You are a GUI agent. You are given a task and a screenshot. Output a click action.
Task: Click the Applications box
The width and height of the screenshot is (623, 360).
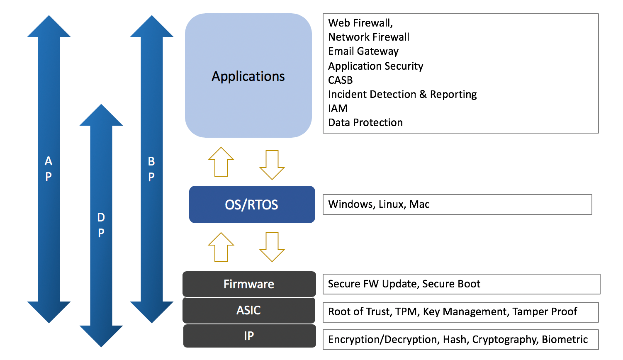[x=248, y=76]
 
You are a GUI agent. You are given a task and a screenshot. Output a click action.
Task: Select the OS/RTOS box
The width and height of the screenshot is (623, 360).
[x=252, y=204]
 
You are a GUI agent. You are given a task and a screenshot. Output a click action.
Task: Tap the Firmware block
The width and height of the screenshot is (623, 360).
[x=249, y=284]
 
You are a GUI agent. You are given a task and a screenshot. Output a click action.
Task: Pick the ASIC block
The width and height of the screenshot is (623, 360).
[x=249, y=310]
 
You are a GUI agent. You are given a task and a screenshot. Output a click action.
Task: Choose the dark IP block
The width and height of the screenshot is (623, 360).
[x=249, y=336]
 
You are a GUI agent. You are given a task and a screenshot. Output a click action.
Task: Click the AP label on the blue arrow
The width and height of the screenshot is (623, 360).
[x=49, y=169]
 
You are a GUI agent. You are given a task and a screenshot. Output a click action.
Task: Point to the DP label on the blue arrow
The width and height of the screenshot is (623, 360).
[x=101, y=225]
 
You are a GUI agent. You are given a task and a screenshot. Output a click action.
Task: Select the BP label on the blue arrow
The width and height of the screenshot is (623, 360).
[x=151, y=169]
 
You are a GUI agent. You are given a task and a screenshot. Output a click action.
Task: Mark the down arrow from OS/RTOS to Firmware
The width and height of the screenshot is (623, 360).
[x=272, y=247]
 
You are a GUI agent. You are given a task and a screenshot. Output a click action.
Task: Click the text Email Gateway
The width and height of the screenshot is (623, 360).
[x=363, y=51]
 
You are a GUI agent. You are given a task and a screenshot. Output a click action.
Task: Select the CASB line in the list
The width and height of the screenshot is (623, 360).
[x=340, y=80]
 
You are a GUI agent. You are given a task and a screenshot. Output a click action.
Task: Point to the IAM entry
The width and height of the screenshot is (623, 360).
[x=338, y=109]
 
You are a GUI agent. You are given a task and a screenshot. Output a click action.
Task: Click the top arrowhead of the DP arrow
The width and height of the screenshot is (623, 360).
[x=101, y=116]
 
